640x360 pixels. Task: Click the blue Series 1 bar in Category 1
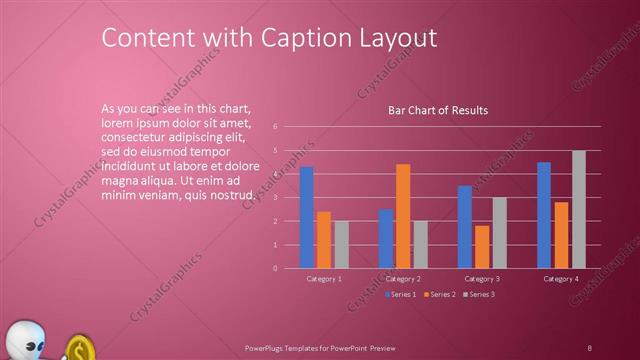pos(307,217)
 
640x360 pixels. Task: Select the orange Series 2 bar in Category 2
pos(403,216)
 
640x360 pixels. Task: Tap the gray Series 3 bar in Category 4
pos(579,209)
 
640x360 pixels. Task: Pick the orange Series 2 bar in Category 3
pos(482,247)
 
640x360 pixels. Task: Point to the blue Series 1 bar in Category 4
pos(544,215)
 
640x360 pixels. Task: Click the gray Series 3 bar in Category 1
pos(342,244)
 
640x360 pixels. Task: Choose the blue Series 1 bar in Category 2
pos(386,238)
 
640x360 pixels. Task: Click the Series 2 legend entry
pos(439,294)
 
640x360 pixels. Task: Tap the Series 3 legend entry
pos(479,294)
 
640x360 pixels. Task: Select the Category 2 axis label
pos(403,278)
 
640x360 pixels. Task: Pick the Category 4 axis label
pos(561,278)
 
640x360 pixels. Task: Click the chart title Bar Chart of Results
pos(438,110)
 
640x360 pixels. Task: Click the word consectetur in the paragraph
pos(135,131)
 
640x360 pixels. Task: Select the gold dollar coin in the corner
pos(80,349)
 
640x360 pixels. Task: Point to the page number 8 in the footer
pos(589,347)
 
